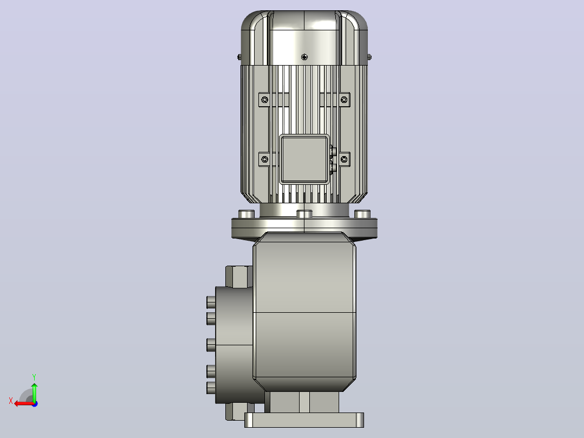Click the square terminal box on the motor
tap(304, 159)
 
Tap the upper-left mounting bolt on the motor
tap(264, 100)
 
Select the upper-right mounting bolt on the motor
tap(344, 100)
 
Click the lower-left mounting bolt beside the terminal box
tap(264, 159)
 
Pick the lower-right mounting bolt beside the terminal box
tap(344, 159)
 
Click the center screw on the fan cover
tap(304, 57)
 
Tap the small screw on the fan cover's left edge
tap(239, 57)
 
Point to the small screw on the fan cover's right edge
tap(369, 57)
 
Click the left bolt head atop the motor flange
tap(246, 214)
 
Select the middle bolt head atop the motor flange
tap(304, 214)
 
